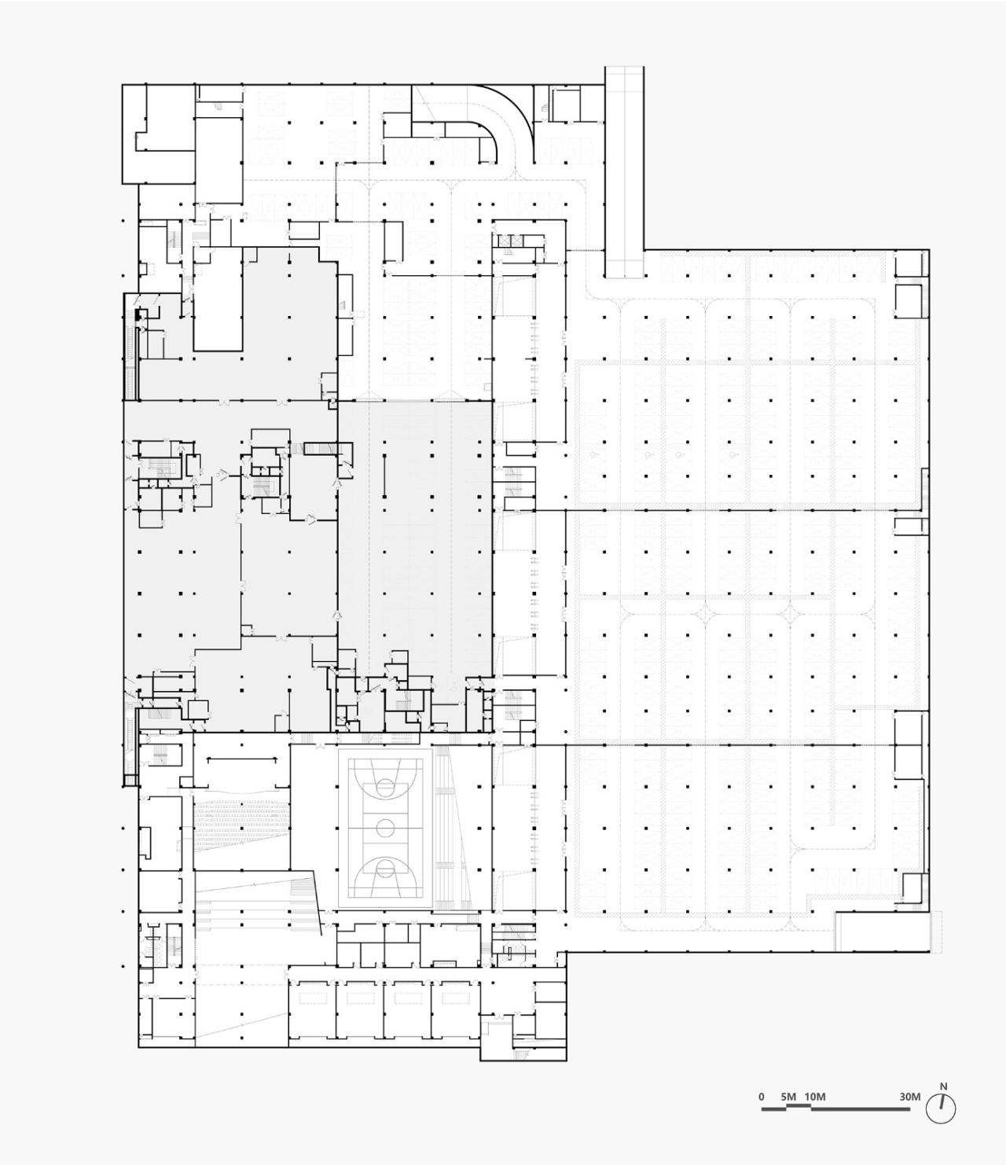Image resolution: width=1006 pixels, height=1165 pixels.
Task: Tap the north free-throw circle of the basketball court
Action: (385, 783)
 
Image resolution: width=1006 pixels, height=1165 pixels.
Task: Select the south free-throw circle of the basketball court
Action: (385, 869)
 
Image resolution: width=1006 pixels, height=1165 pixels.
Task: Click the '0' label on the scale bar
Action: (761, 1097)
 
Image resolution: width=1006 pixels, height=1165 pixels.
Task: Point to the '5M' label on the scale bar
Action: (788, 1097)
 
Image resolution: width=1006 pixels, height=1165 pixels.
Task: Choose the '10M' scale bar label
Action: (815, 1097)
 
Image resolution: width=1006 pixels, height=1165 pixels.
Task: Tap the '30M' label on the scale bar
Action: (910, 1097)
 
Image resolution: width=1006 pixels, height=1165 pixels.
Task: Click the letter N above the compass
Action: (943, 1087)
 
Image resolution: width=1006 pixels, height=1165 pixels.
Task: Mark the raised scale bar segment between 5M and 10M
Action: (799, 1106)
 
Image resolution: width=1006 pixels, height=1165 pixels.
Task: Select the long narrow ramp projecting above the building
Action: (624, 173)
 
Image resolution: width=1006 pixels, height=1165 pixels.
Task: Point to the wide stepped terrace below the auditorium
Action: (255, 904)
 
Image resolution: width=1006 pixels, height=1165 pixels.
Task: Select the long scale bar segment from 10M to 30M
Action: (861, 1109)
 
